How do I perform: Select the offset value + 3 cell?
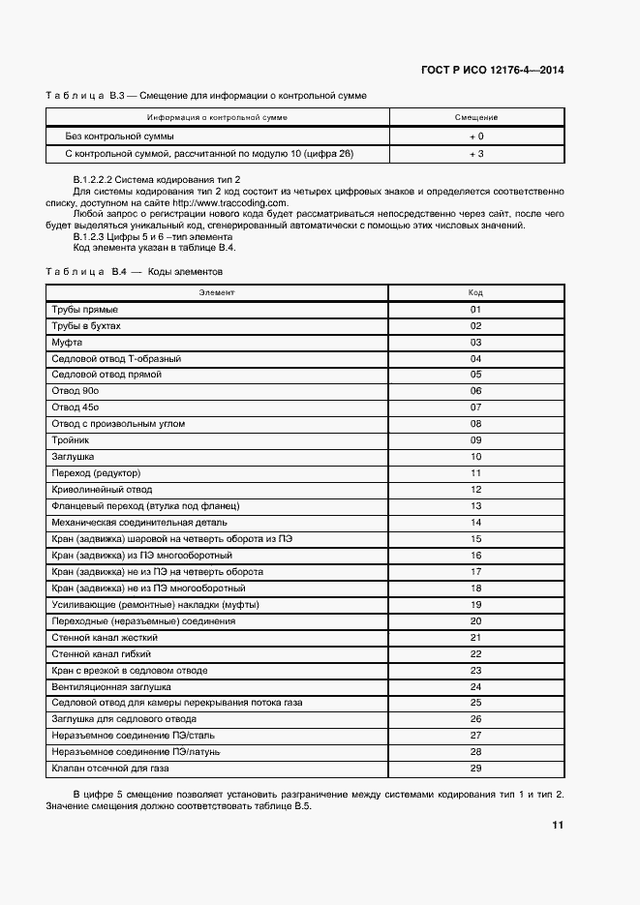[475, 154]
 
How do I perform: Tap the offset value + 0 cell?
[475, 136]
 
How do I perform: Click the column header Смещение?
[475, 118]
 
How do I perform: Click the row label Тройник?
[69, 439]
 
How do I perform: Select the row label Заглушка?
[73, 456]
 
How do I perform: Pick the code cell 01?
[475, 309]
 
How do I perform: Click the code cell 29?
[475, 769]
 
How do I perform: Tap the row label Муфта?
[67, 342]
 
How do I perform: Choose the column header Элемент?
[218, 291]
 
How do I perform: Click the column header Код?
[475, 291]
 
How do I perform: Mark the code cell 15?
[475, 538]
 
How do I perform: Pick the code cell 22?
[475, 653]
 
